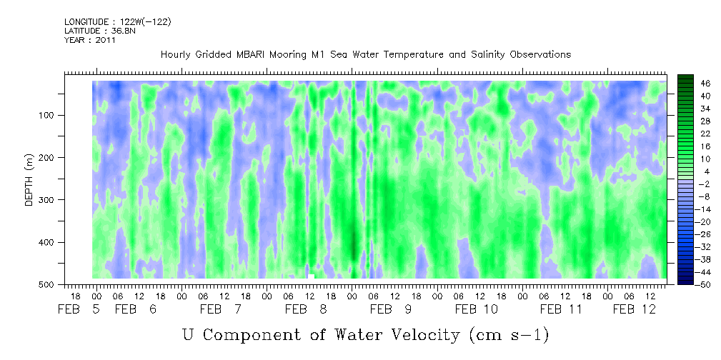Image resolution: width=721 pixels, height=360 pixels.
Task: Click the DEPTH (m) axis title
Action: coord(29,179)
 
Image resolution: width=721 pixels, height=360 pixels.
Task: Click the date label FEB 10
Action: coord(477,309)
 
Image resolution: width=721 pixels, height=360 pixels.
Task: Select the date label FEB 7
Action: coord(221,309)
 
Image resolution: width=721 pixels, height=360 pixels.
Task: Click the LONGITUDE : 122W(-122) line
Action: coord(118,22)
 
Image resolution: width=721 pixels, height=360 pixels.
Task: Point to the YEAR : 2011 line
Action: coord(90,40)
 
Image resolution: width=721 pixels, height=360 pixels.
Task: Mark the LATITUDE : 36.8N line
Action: coord(100,31)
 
